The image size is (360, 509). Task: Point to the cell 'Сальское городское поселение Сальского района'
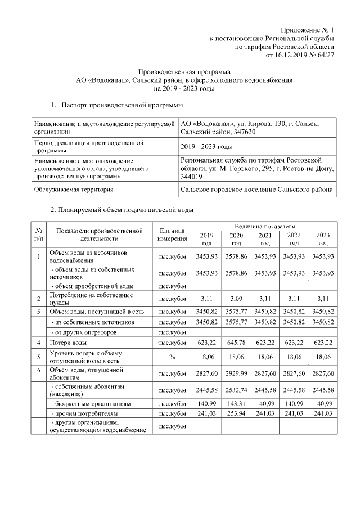256,190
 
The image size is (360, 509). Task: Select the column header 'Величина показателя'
265,226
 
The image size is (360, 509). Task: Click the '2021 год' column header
265,239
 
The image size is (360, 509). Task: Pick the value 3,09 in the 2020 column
236,298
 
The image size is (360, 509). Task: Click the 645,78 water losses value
236,343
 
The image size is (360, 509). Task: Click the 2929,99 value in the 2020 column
236,373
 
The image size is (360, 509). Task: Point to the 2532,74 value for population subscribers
236,390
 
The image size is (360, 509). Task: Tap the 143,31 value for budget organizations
236,404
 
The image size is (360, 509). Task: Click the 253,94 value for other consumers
236,413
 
